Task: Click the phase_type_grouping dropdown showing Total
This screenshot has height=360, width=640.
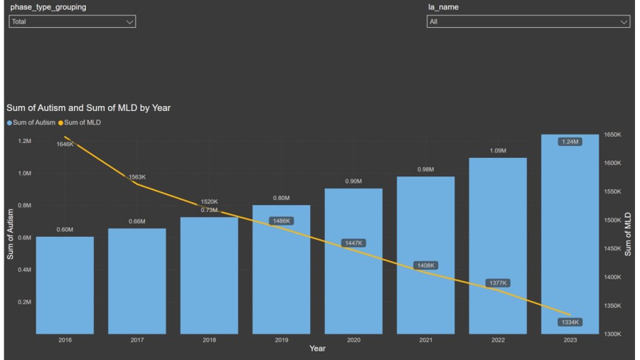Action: pyautogui.click(x=71, y=22)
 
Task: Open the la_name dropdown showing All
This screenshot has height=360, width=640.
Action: pyautogui.click(x=528, y=22)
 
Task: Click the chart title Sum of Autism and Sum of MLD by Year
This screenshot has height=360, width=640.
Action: pyautogui.click(x=88, y=108)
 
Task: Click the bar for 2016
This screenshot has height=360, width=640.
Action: pyautogui.click(x=65, y=285)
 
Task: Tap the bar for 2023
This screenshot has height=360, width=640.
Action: pyautogui.click(x=570, y=235)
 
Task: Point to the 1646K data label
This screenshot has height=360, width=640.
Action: pyautogui.click(x=65, y=144)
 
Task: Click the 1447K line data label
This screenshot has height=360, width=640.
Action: pyautogui.click(x=353, y=243)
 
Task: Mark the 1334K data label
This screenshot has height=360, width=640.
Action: pyautogui.click(x=570, y=322)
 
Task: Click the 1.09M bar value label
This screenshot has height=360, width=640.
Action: pyautogui.click(x=498, y=151)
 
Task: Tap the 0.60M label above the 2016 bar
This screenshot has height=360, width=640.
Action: pyautogui.click(x=65, y=230)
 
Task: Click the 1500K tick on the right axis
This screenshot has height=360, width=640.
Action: pyautogui.click(x=612, y=220)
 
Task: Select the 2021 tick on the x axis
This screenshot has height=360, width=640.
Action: pyautogui.click(x=426, y=340)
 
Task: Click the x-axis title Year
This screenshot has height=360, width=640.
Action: pyautogui.click(x=317, y=348)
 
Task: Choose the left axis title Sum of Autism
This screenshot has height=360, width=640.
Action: pyautogui.click(x=11, y=233)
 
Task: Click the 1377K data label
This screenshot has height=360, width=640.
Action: pyautogui.click(x=498, y=283)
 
